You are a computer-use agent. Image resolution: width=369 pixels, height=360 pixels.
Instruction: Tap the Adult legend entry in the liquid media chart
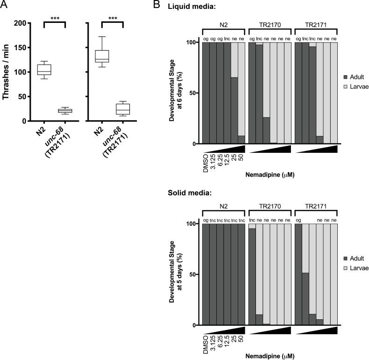(x=352, y=76)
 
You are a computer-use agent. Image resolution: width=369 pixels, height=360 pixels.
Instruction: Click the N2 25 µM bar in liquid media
(x=234, y=110)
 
